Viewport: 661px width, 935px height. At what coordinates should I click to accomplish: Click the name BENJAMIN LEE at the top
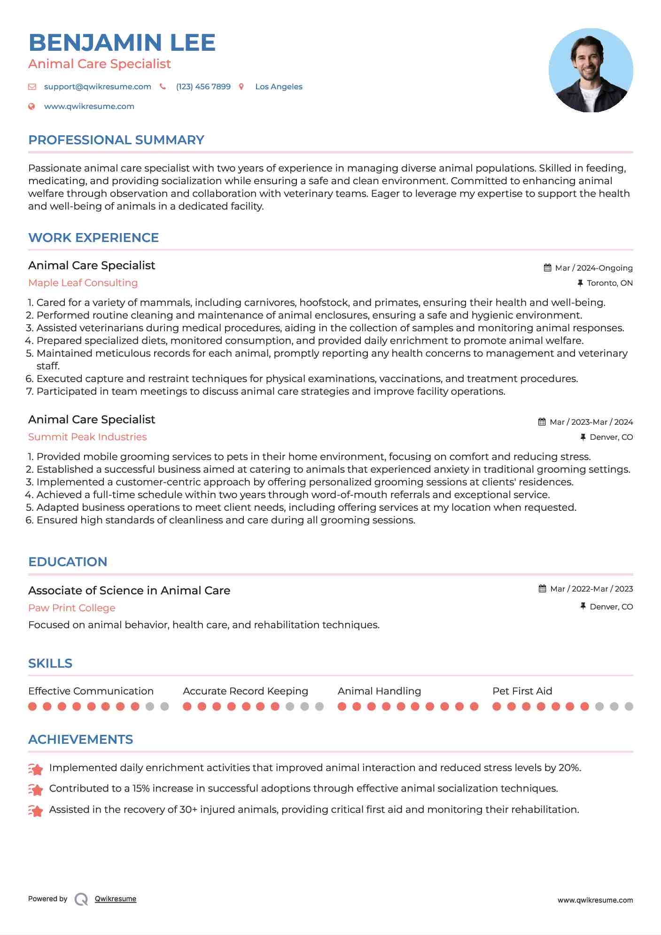122,43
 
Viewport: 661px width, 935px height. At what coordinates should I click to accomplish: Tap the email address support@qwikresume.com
97,86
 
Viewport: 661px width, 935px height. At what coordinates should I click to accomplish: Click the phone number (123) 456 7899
203,86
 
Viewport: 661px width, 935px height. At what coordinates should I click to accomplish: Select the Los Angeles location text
279,86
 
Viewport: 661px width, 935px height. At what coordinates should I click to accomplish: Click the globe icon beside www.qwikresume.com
31,107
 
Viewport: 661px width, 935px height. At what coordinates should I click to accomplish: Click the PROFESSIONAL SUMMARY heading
116,140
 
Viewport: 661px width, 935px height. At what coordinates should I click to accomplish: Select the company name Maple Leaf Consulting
83,283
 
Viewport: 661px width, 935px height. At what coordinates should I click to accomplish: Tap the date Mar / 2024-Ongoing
593,268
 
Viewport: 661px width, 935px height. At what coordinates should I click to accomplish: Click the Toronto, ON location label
609,283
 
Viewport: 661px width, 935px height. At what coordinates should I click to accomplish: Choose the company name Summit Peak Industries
87,437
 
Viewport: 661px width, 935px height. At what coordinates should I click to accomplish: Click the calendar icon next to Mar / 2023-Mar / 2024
542,422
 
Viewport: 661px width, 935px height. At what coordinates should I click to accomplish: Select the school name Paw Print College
71,608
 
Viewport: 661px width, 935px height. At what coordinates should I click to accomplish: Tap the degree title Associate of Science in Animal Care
129,591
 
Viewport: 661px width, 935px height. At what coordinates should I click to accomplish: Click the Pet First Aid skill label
522,691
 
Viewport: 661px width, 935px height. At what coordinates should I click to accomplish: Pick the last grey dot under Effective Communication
164,706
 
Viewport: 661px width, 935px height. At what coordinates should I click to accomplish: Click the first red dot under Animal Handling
342,706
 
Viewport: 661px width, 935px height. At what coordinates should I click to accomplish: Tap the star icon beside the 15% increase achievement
36,790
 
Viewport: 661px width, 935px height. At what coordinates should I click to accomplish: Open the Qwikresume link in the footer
115,899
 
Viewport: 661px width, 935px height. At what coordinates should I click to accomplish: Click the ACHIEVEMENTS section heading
80,740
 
